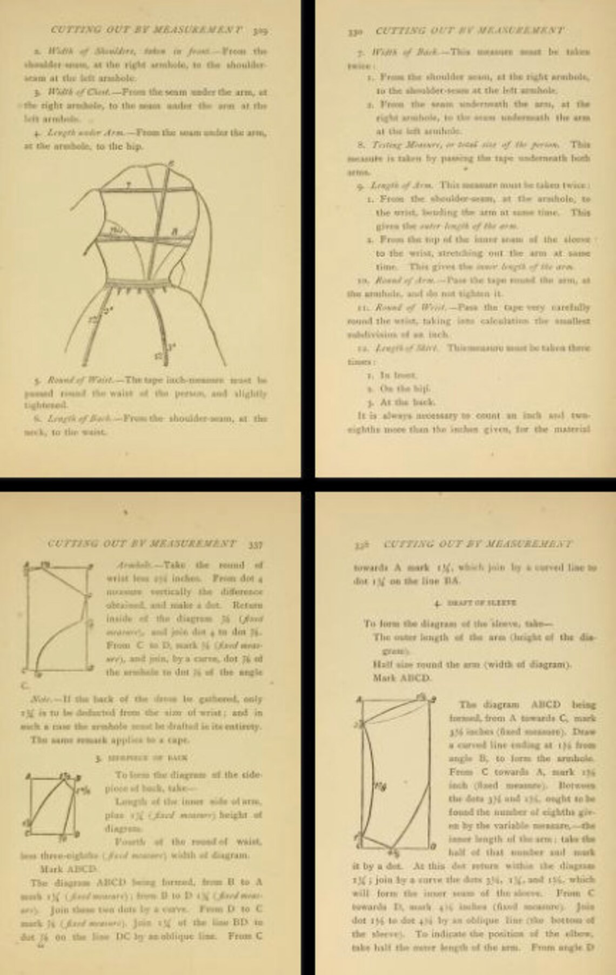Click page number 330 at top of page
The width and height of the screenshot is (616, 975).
[x=355, y=31]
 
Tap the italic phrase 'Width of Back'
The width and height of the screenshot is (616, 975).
[x=400, y=52]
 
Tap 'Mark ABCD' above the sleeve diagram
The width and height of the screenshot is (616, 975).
[x=401, y=677]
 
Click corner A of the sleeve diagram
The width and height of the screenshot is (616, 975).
[x=359, y=701]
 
